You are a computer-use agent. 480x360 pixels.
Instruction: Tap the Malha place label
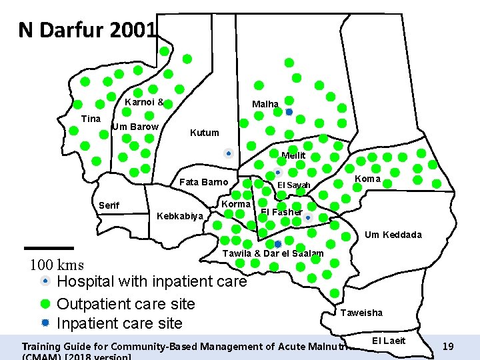click(x=265, y=104)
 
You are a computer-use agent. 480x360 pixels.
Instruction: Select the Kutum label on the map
click(x=204, y=133)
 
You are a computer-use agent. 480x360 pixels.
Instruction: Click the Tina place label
click(x=90, y=119)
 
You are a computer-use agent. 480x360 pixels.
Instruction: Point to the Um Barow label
click(x=135, y=127)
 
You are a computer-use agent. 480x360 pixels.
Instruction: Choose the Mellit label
click(x=293, y=155)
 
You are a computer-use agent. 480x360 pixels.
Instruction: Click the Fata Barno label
click(x=204, y=182)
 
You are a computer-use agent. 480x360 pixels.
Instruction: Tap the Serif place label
click(x=109, y=205)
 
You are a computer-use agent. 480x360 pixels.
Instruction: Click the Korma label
click(x=235, y=204)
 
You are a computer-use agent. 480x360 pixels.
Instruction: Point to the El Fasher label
click(x=281, y=212)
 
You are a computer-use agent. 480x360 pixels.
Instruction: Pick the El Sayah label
click(x=293, y=185)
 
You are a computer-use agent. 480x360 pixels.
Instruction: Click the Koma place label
click(x=367, y=179)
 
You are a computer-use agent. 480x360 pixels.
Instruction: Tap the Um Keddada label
click(x=393, y=235)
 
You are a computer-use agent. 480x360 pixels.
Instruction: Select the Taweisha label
click(x=361, y=313)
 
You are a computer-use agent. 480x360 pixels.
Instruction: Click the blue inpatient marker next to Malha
click(x=289, y=112)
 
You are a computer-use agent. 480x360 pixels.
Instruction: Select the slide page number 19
click(x=448, y=347)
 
